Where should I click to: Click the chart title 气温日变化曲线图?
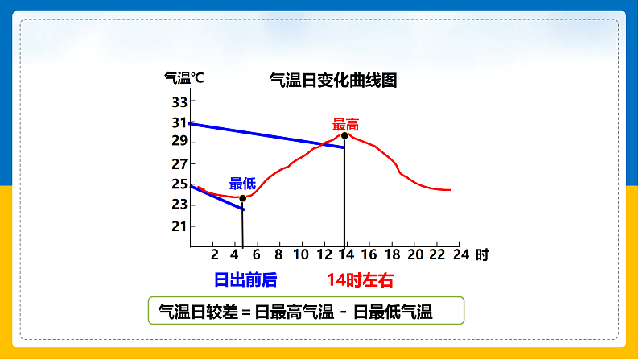(x=332, y=81)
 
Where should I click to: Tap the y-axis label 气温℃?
(x=184, y=78)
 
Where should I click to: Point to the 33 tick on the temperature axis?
(x=179, y=102)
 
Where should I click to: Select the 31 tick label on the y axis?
(x=179, y=122)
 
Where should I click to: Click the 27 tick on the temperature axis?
(x=179, y=163)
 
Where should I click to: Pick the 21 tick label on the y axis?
(x=179, y=226)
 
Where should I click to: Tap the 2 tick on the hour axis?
(x=214, y=254)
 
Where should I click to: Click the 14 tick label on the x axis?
(x=346, y=254)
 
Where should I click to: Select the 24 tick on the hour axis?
(x=460, y=254)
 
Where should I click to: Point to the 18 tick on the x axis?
(x=393, y=254)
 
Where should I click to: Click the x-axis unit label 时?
(x=481, y=255)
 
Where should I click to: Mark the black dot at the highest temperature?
(x=344, y=135)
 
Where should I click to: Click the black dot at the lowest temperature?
(x=242, y=198)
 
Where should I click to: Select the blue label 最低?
(x=242, y=184)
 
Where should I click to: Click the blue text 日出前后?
(x=245, y=280)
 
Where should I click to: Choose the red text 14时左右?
(x=360, y=280)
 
